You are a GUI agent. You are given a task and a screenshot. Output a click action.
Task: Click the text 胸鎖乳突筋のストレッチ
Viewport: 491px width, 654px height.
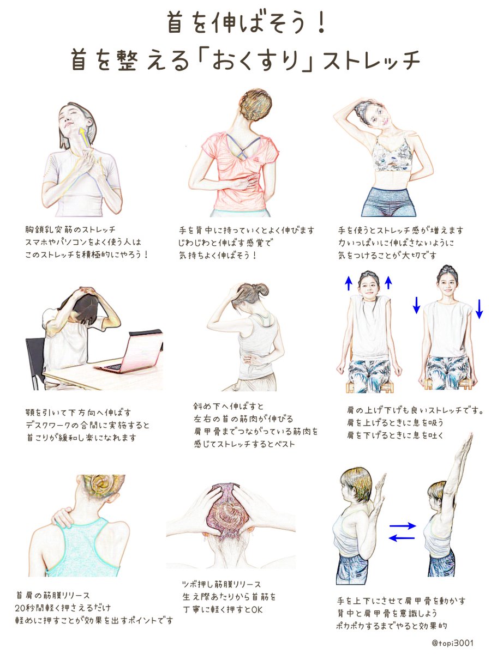click(70, 229)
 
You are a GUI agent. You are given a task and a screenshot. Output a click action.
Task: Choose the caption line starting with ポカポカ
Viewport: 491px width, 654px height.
click(392, 626)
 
